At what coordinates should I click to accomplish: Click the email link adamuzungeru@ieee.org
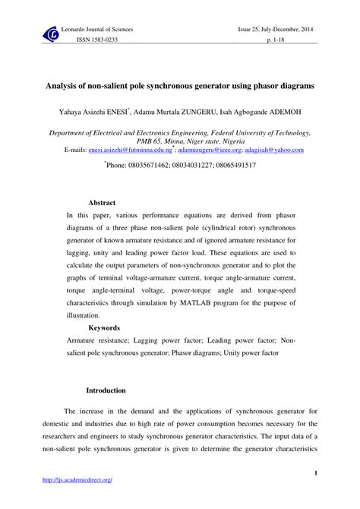pyautogui.click(x=208, y=150)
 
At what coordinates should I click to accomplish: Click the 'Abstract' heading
pyautogui.click(x=102, y=203)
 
